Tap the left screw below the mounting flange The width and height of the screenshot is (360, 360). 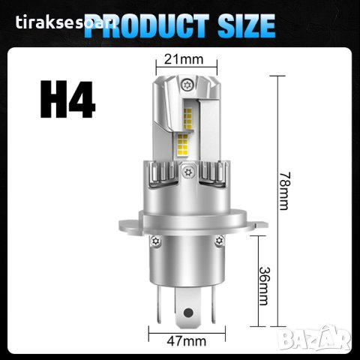pos(154,242)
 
